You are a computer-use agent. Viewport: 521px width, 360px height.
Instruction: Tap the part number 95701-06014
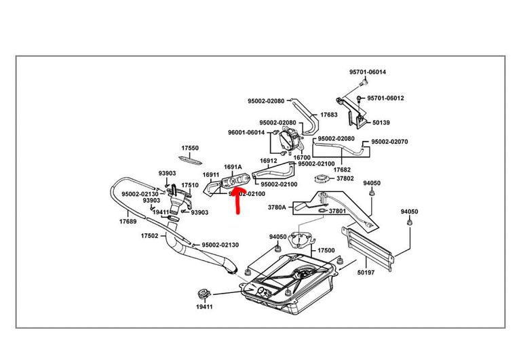(x=368, y=73)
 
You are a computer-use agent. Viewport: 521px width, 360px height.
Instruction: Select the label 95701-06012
(x=386, y=98)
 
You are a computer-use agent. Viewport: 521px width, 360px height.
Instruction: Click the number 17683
(x=328, y=115)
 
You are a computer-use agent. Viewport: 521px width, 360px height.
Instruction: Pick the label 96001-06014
(x=246, y=132)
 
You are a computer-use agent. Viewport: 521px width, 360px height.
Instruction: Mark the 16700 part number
(x=302, y=157)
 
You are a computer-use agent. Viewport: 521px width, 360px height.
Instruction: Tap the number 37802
(x=344, y=178)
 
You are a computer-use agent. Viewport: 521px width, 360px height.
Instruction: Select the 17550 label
(x=190, y=148)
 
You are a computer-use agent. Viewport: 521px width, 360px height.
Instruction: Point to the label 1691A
(x=233, y=167)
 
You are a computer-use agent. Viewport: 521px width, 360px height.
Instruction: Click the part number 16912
(x=269, y=161)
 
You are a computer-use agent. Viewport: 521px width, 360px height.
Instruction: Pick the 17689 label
(x=128, y=221)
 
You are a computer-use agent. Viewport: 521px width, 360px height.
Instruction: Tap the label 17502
(x=149, y=236)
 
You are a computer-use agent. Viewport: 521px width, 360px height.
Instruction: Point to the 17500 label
(x=326, y=250)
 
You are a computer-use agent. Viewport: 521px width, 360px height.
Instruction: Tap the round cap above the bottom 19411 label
(x=201, y=294)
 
